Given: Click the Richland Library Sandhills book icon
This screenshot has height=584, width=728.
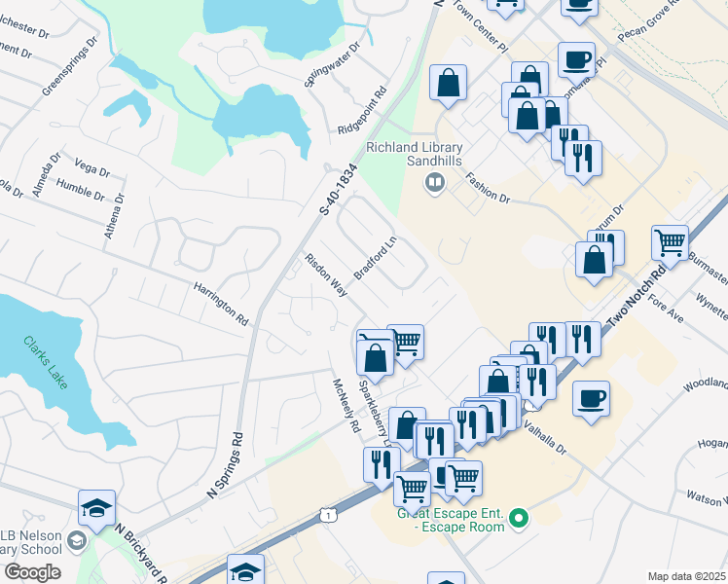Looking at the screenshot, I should (435, 182).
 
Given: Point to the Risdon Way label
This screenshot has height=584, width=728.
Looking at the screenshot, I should (326, 275).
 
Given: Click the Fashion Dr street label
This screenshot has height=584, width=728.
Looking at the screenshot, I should (488, 188).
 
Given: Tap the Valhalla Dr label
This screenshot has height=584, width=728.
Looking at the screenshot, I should (545, 438).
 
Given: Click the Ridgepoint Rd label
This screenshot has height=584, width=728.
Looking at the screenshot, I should (364, 112).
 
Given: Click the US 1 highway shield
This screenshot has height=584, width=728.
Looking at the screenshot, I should (329, 513).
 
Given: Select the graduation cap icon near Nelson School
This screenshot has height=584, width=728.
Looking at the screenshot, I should (97, 508).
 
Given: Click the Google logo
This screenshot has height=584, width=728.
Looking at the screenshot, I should (32, 572).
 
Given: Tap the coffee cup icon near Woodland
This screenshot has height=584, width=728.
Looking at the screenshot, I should (591, 398).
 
